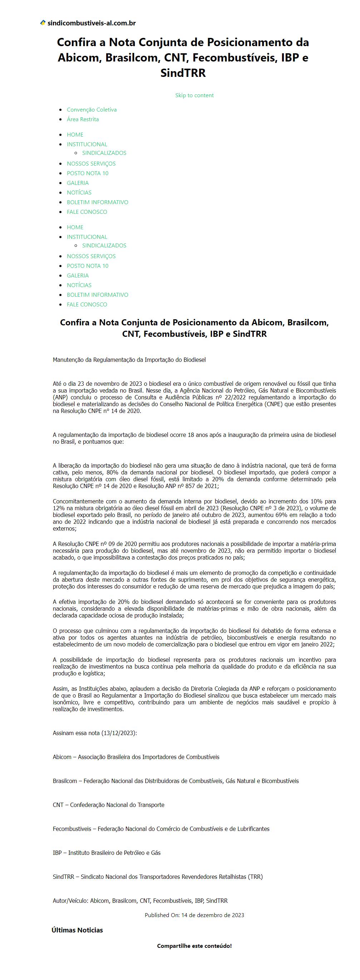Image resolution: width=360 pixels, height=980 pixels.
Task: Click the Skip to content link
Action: (x=194, y=95)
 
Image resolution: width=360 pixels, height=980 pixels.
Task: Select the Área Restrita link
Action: (x=83, y=119)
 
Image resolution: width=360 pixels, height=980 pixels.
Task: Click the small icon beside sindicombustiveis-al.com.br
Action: (x=43, y=23)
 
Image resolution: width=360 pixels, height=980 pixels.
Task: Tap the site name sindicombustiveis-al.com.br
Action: (x=91, y=23)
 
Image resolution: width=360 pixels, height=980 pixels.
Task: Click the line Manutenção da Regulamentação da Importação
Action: (x=129, y=360)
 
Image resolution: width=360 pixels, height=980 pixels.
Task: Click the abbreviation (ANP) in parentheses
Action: (x=60, y=397)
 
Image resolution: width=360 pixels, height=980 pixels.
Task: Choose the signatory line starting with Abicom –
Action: (x=136, y=757)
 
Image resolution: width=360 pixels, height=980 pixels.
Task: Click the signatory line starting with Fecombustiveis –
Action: (x=161, y=829)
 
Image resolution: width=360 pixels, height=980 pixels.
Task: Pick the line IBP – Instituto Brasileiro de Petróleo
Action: (x=107, y=853)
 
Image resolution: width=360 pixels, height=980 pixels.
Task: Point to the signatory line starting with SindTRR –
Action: (x=158, y=877)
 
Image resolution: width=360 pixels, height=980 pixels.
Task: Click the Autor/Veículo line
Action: (x=140, y=901)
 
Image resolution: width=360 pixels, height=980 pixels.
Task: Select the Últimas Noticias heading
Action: (x=77, y=930)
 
